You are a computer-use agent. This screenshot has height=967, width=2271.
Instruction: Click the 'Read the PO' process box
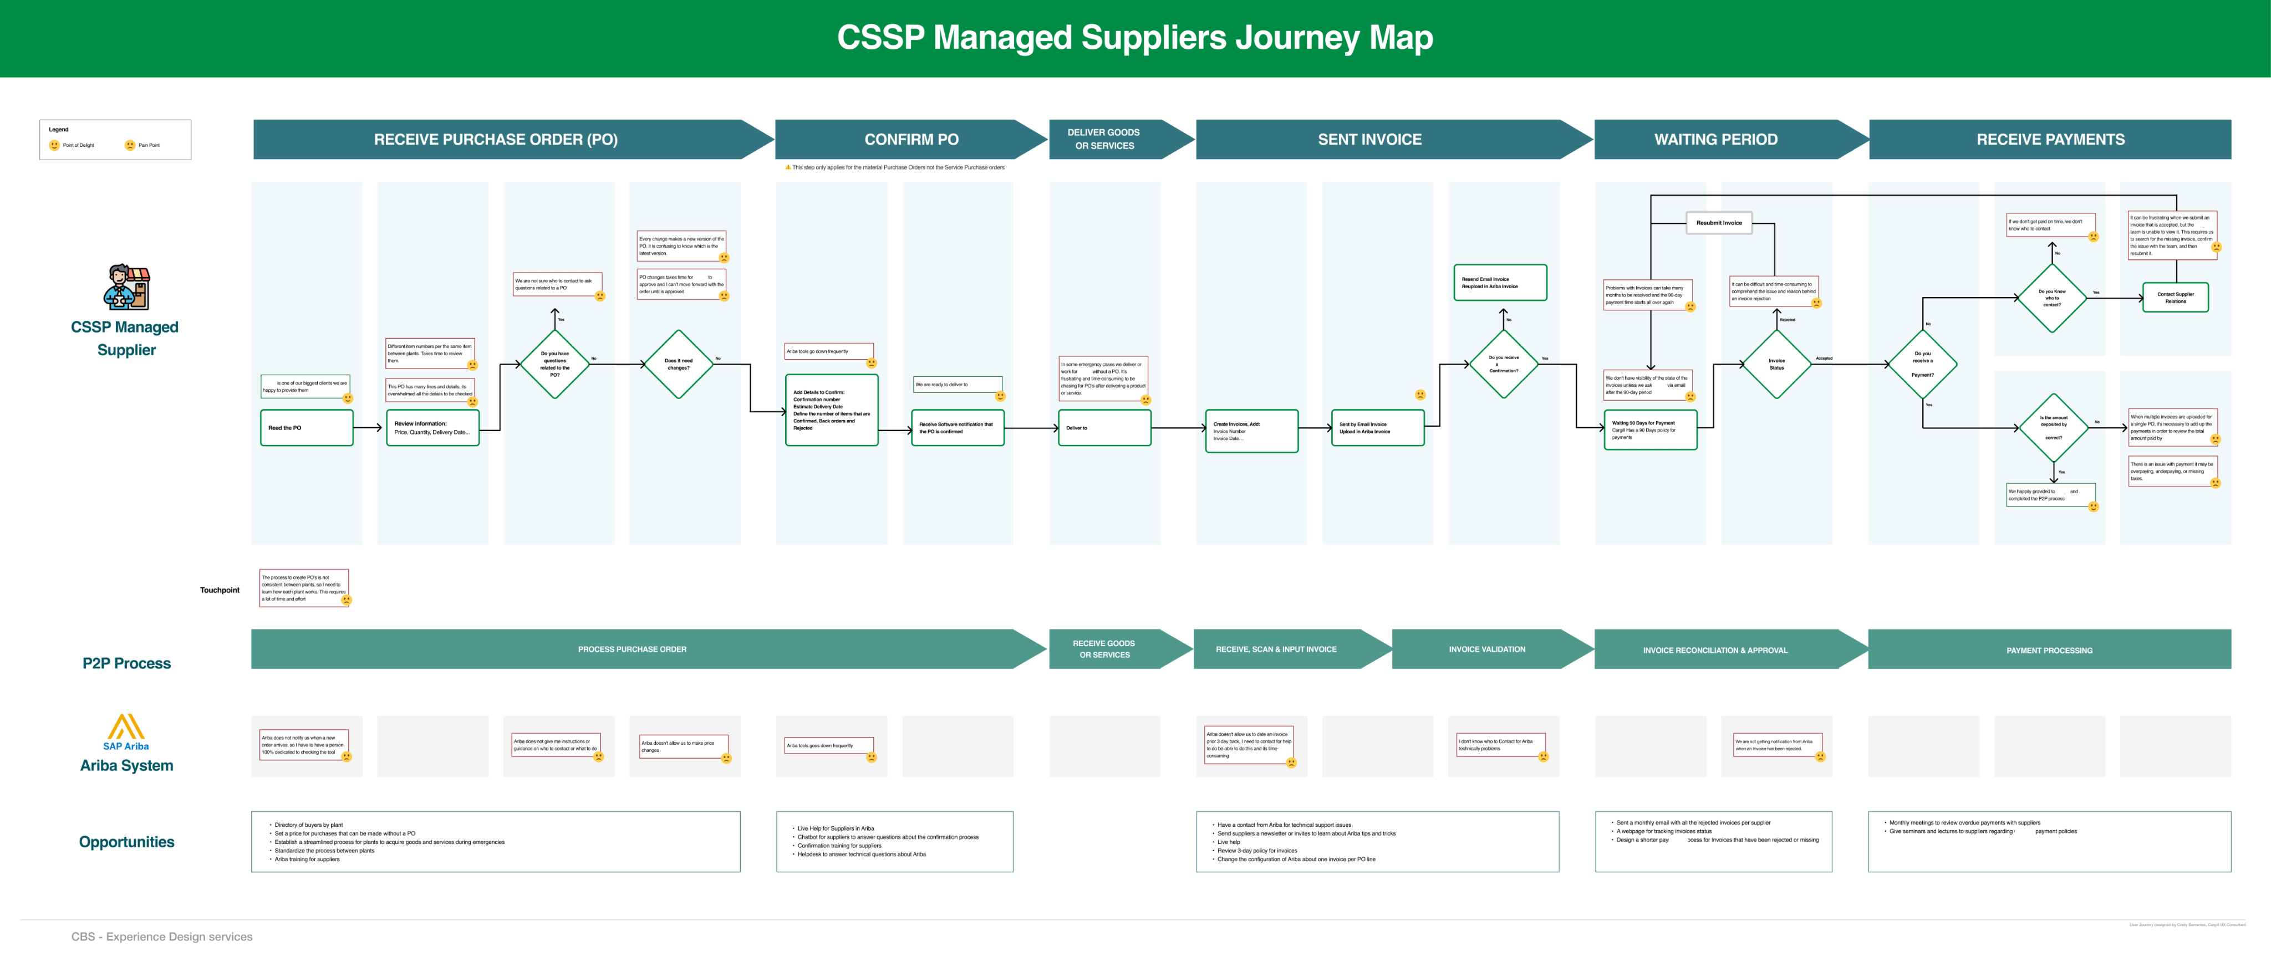click(306, 427)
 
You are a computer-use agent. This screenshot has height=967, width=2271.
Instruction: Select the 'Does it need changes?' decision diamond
click(678, 364)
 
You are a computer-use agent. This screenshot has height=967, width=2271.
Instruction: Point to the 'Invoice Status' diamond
click(1776, 364)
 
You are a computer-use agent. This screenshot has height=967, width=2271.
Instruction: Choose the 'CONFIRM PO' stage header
click(911, 139)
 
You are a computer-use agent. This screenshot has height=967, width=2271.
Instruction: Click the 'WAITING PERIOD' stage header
click(1715, 139)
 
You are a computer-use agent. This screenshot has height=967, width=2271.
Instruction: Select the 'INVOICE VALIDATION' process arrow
click(1486, 649)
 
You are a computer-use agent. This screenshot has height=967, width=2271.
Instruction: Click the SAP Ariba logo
click(126, 731)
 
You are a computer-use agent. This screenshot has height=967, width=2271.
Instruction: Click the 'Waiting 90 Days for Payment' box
click(1649, 429)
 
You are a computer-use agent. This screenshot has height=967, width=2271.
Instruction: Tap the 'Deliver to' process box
click(1104, 427)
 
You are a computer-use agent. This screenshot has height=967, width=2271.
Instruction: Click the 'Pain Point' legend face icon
click(130, 145)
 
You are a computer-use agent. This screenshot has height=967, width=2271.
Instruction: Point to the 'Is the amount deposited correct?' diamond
click(2053, 427)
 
